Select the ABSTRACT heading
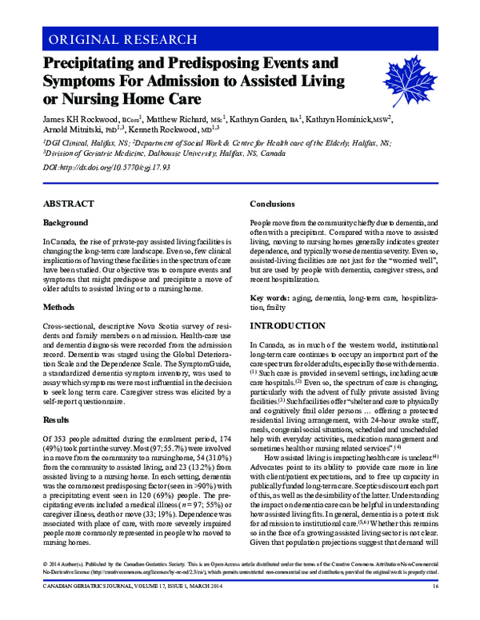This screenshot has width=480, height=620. pos(65,204)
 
